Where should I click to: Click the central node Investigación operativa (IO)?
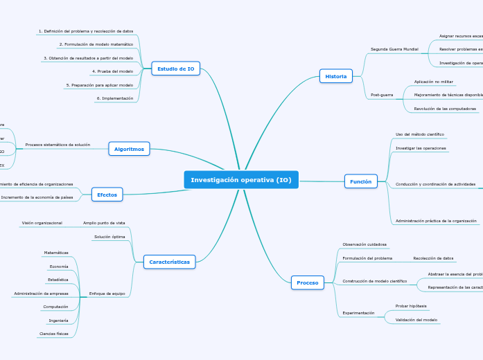point(241,180)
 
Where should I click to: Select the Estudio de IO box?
point(175,69)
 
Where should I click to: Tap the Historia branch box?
point(335,76)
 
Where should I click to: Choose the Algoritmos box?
point(129,149)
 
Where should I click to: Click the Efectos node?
point(107,195)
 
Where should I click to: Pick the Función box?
point(360,181)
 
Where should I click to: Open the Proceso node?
point(307,282)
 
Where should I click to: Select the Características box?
point(169,262)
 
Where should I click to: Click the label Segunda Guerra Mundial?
point(394,50)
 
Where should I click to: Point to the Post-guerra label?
point(382,94)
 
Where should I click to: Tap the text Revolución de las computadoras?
point(445,109)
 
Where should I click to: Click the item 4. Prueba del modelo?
point(112,71)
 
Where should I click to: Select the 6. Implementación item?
point(114,98)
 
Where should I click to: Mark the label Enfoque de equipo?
point(107,294)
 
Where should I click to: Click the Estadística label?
point(58,280)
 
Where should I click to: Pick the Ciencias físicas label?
point(54,334)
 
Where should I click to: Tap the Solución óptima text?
point(109,237)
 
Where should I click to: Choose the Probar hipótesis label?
point(411,305)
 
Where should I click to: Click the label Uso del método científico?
point(419,134)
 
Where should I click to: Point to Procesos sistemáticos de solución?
point(58,145)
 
